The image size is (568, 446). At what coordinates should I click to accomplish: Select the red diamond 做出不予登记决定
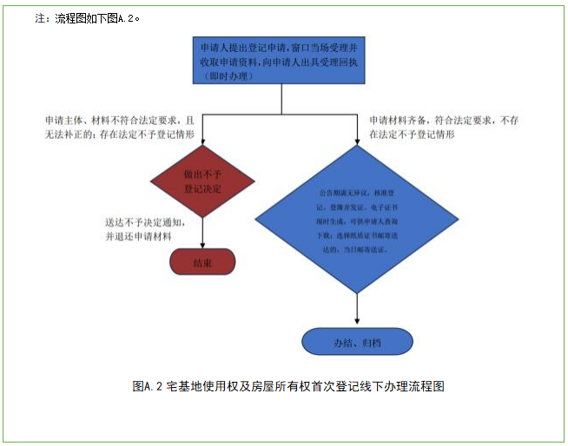pyautogui.click(x=202, y=181)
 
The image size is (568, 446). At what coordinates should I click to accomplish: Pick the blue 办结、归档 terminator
pyautogui.click(x=357, y=342)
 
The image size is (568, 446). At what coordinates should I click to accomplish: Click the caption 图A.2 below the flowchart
pyautogui.click(x=288, y=386)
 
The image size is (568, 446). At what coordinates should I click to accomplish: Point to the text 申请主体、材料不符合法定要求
pyautogui.click(x=122, y=120)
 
